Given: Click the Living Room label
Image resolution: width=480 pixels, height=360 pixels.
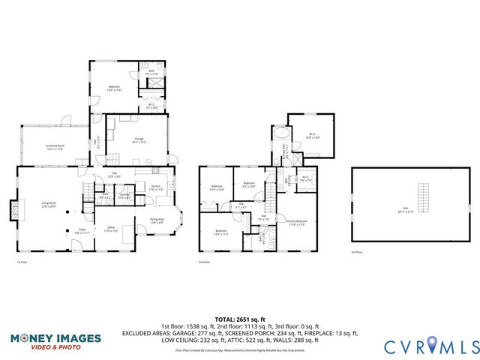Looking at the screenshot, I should (49, 204).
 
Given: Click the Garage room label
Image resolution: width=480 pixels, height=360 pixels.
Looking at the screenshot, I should (139, 140).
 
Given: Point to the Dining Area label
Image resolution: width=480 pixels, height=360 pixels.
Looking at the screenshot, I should (157, 220).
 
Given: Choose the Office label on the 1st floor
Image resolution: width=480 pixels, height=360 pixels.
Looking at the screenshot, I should (109, 229).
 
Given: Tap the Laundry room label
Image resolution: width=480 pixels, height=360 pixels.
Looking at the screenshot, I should (124, 196).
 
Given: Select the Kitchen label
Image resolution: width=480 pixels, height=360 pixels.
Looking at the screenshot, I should (155, 188).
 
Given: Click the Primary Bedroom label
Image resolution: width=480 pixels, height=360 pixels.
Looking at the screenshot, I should (296, 222).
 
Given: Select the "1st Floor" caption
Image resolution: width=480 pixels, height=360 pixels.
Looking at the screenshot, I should (22, 262).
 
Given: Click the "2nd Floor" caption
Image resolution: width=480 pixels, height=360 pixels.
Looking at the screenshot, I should (204, 262).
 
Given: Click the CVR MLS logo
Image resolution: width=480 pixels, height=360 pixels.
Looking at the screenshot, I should (431, 346).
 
